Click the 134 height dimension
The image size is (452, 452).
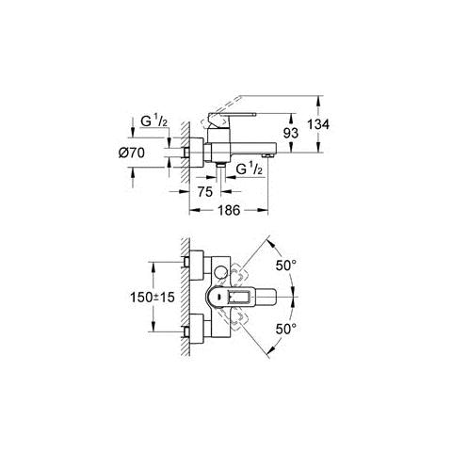pos(318,124)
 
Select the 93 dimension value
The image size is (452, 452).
pos(291,134)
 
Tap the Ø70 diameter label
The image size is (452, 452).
pos(132,153)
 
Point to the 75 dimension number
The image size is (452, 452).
pos(205,192)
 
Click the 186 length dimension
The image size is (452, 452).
pos(229,210)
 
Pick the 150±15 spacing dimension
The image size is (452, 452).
pos(153,297)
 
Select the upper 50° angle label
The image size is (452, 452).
pos(286,266)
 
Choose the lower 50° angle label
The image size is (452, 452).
pos(286,329)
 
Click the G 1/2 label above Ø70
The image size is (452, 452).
pos(153,121)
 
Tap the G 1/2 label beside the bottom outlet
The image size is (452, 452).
pos(249,169)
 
